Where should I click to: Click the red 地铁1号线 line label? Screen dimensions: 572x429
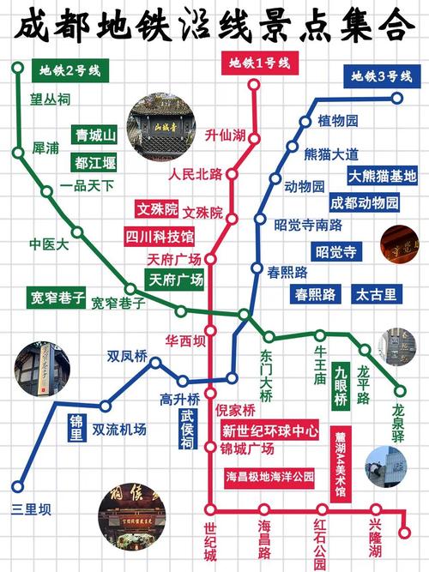pos(259,63)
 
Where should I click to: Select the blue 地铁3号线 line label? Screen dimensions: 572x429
pos(380,77)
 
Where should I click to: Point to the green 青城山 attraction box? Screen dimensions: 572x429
pos(95,135)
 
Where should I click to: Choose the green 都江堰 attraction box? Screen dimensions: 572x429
pos(95,162)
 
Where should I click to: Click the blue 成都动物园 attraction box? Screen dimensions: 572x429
pos(365,203)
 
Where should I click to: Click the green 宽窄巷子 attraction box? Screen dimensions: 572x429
pos(56,297)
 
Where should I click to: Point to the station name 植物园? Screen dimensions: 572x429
pos(337,119)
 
